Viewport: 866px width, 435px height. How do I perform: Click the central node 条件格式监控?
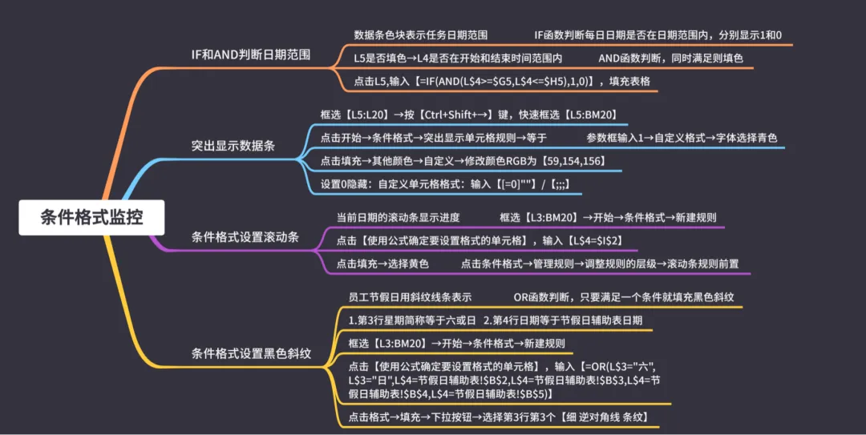tap(91, 217)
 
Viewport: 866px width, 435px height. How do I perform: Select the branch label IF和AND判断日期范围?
tap(250, 54)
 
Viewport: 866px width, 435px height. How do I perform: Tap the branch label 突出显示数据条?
tap(233, 145)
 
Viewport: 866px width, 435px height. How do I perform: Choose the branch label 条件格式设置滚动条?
tap(245, 236)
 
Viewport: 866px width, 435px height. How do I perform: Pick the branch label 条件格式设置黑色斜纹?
tap(251, 352)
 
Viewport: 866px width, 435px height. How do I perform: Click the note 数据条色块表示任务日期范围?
tap(420, 35)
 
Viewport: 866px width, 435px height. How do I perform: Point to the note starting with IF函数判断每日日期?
tap(658, 35)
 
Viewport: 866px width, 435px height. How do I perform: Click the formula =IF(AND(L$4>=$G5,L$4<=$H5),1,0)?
tap(504, 81)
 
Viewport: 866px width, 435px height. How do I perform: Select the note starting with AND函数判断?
tap(670, 58)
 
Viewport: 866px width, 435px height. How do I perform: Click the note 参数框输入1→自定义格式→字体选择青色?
tap(681, 138)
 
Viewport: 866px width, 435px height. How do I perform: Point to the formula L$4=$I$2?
tap(596, 240)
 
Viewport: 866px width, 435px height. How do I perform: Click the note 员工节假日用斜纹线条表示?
tap(410, 297)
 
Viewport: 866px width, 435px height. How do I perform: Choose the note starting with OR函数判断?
tap(623, 297)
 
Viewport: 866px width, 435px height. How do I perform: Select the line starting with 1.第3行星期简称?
tap(412, 320)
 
